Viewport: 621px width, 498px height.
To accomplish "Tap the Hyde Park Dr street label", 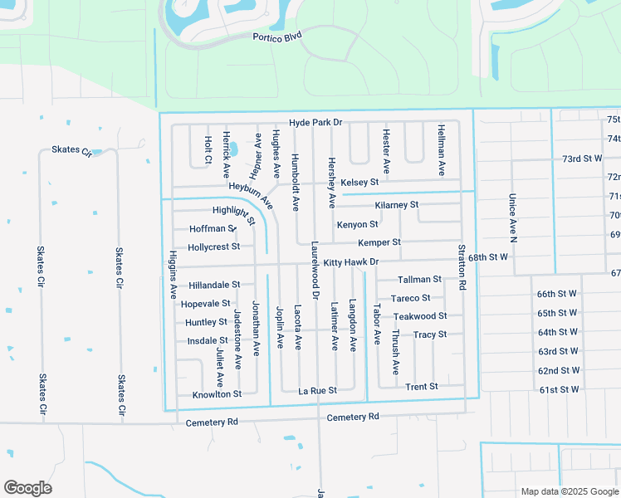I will click(x=315, y=123).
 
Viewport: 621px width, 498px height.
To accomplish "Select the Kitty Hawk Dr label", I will click(x=350, y=262).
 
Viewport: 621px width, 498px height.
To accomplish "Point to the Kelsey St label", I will click(x=359, y=182).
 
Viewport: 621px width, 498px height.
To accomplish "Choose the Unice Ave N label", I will click(x=512, y=217).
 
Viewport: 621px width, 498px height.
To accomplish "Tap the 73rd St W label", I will click(x=581, y=159).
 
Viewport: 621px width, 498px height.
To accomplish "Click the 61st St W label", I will click(x=558, y=389).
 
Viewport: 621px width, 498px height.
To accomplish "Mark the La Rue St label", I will click(x=317, y=390).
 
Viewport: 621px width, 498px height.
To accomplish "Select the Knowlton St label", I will click(x=216, y=394).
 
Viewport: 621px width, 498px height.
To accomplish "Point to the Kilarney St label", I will click(x=397, y=204).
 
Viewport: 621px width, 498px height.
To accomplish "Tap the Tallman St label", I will click(x=419, y=280).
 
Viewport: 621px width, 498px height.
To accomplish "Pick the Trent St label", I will click(x=421, y=387).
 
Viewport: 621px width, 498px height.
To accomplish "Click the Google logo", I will click(x=27, y=488).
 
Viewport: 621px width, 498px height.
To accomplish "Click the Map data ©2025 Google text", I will click(x=569, y=491).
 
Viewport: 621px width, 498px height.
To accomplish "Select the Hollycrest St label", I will click(x=213, y=247).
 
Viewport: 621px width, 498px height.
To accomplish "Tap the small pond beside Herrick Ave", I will click(x=232, y=149).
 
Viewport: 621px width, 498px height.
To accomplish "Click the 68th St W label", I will click(x=487, y=257).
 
